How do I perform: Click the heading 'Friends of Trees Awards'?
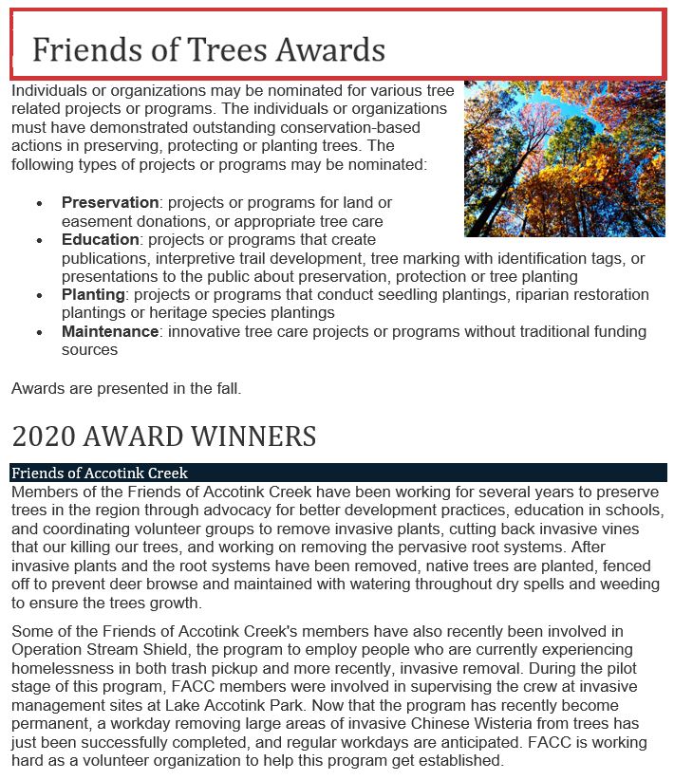(209, 48)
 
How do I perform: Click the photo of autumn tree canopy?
(564, 158)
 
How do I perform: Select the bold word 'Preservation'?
(110, 203)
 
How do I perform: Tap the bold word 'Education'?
(101, 240)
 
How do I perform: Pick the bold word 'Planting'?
(93, 295)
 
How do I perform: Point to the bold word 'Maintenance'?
(110, 332)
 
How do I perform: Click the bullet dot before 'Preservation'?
(39, 204)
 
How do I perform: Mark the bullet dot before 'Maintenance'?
(39, 333)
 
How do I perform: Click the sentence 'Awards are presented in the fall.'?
(126, 388)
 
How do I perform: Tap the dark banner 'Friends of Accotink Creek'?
(100, 473)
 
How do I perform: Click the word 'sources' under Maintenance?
(89, 350)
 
